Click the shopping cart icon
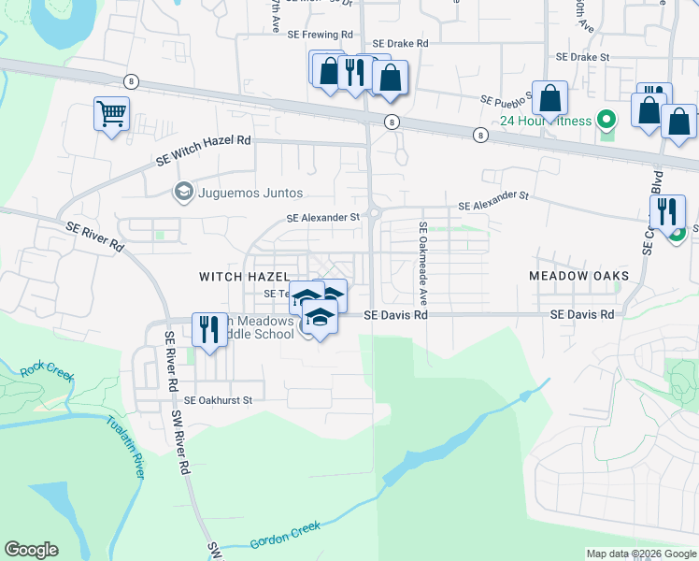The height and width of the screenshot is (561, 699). click(x=111, y=115)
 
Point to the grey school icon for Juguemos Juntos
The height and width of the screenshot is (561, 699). click(x=183, y=193)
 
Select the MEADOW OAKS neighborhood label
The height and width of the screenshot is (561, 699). click(x=578, y=276)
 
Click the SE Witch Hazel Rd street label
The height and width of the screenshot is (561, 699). click(x=204, y=150)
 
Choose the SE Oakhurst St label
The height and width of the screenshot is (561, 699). click(x=219, y=400)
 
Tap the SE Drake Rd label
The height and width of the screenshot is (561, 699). click(x=400, y=43)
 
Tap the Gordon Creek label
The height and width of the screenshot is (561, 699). click(x=284, y=538)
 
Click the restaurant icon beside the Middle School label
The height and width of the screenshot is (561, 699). click(x=207, y=329)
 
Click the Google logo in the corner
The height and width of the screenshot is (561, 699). click(x=31, y=550)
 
